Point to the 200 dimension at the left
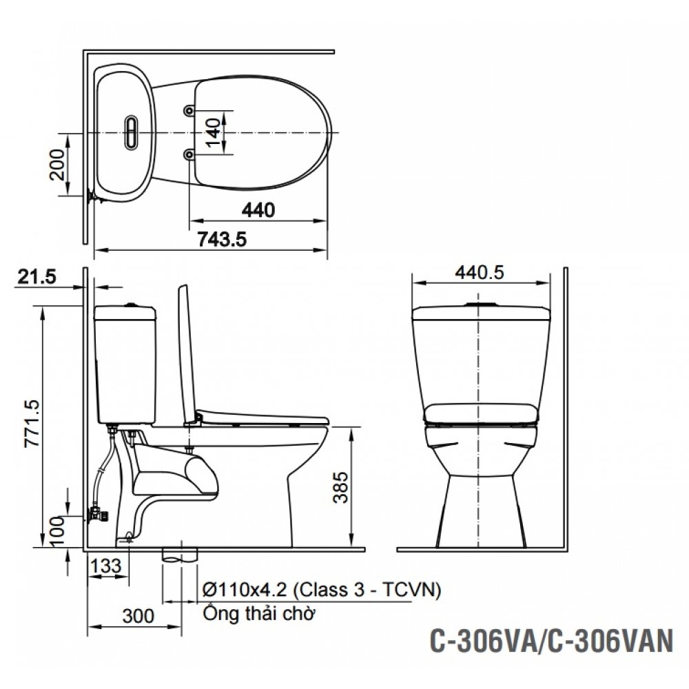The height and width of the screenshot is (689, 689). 58,164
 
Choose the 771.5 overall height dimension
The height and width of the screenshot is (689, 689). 30,425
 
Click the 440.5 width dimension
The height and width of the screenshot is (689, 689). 480,272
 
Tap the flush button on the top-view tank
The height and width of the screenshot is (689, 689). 131,132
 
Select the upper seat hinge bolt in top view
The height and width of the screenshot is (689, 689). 189,110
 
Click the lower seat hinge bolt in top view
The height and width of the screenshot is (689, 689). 189,156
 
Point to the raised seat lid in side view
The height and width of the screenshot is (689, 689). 185,351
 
